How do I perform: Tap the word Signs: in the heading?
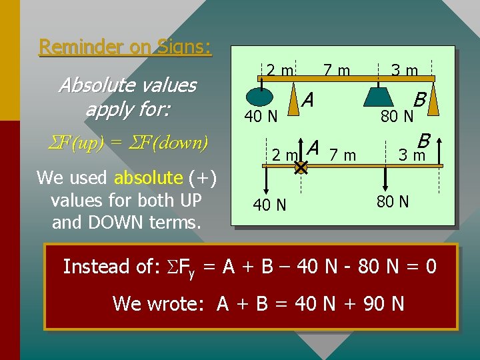185,47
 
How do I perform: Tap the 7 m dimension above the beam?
337,70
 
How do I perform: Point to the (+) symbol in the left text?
201,178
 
